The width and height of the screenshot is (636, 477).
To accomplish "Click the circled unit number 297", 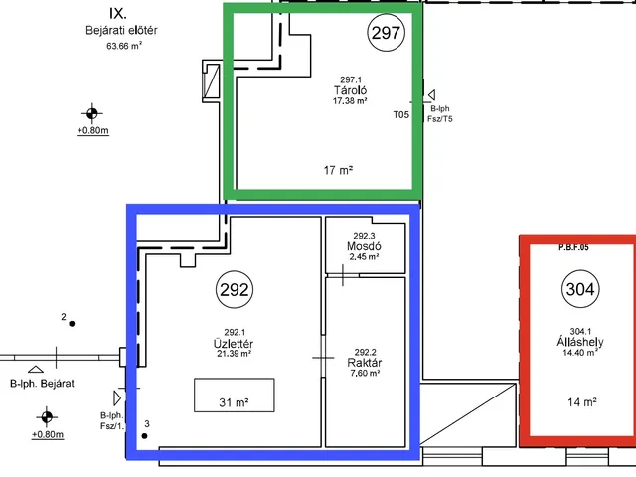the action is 387,33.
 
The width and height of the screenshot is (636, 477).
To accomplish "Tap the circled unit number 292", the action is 235,289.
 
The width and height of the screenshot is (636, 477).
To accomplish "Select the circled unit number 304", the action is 580,289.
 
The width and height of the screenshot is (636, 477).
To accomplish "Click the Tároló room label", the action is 350,90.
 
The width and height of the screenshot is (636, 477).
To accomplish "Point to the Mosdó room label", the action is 364,246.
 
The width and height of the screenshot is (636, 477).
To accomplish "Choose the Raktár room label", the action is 365,362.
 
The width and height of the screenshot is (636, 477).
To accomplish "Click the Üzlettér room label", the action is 234,344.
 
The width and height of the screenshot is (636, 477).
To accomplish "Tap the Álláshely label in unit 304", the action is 580,342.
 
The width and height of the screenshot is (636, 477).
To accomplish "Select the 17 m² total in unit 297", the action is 338,170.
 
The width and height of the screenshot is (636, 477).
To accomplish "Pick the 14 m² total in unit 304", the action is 582,401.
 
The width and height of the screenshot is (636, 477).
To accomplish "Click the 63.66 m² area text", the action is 124,46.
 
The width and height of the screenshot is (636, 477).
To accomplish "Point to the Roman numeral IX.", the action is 118,13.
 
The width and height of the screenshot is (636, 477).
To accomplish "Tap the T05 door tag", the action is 401,115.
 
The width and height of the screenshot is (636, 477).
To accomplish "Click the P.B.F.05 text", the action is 573,247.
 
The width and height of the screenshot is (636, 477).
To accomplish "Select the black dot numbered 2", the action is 72,324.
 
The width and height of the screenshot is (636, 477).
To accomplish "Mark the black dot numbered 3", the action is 144,436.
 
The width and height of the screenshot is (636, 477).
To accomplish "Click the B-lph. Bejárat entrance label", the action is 42,384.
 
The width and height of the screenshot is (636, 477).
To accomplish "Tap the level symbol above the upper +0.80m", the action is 92,113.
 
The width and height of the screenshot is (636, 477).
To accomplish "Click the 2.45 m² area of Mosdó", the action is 364,256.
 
